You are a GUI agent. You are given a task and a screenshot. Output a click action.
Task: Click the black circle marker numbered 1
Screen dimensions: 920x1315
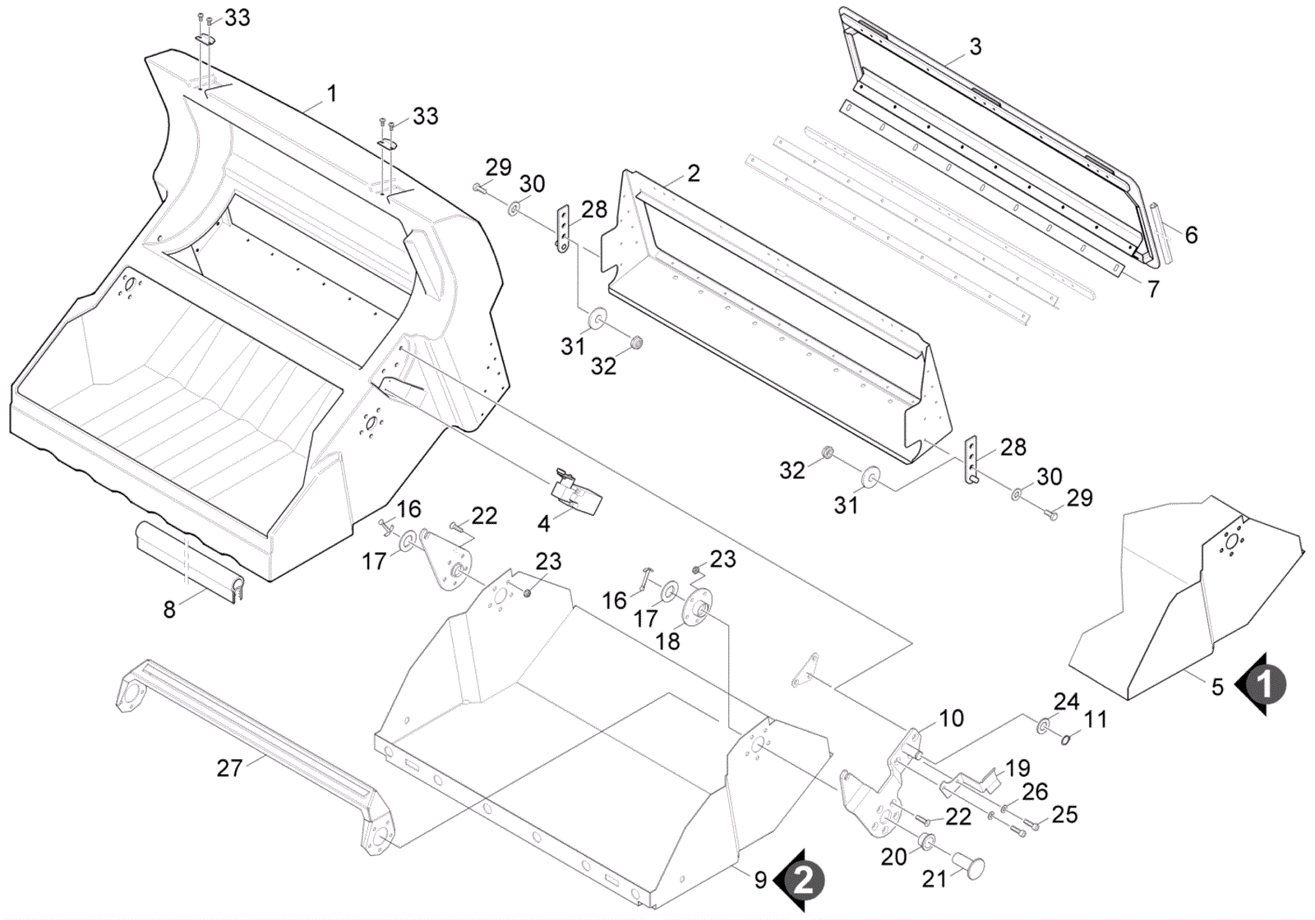1265,683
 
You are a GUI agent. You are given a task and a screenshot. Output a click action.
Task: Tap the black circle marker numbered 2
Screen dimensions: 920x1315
803,881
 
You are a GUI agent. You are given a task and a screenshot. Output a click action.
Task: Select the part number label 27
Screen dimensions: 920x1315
229,767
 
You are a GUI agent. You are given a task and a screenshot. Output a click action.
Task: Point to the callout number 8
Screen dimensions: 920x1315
169,609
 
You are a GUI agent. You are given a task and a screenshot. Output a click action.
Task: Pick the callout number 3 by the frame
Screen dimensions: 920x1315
975,46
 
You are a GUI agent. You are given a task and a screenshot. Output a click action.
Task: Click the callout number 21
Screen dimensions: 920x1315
934,879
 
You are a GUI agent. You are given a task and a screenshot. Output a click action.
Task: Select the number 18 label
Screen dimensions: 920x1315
668,641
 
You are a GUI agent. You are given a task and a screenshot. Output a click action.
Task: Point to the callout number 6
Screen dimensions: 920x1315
1191,235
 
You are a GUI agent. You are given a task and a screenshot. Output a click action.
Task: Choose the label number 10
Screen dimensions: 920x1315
951,718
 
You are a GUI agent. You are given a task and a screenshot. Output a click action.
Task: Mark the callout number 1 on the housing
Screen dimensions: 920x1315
331,94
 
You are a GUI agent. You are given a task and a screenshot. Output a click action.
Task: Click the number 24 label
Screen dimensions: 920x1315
1066,701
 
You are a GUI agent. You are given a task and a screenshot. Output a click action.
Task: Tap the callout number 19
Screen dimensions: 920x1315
1017,768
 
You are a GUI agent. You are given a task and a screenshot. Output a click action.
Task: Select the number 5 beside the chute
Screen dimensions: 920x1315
1217,686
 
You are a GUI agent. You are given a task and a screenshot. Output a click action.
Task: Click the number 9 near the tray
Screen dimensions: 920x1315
760,880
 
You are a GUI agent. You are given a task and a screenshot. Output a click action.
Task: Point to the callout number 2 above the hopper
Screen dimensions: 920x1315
694,173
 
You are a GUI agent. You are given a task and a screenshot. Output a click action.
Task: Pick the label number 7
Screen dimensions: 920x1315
1152,289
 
